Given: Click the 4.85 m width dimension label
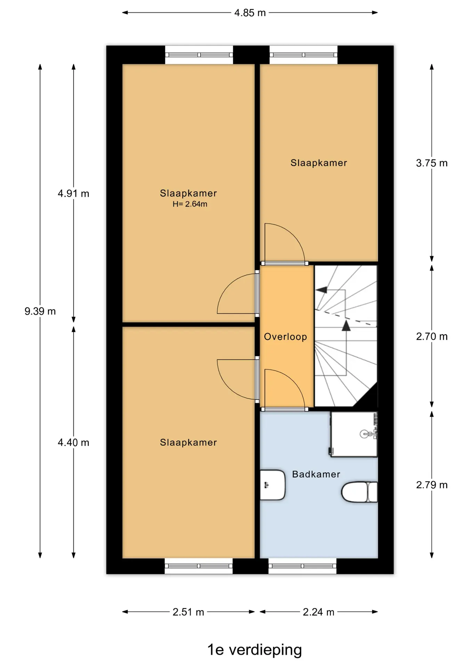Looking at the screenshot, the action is tap(250, 13).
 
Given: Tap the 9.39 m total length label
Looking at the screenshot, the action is tap(40, 311).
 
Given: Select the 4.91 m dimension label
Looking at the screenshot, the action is tap(73, 193).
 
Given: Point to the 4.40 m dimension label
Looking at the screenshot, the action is tap(73, 443).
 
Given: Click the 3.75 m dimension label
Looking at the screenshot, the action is tap(432, 163).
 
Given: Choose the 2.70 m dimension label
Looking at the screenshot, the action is tap(432, 337).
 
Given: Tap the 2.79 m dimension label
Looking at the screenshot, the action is tap(432, 485).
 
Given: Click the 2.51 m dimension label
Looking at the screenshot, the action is tap(188, 612).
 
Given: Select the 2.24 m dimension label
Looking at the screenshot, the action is tap(318, 612).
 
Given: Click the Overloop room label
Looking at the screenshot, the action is tap(285, 337).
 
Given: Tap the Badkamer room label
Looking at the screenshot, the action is tap(316, 474).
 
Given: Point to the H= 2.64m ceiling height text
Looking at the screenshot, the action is tap(190, 204).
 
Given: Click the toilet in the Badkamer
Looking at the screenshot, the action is tap(359, 492).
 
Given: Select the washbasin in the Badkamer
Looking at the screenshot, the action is tap(272, 485).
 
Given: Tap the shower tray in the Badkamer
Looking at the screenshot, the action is tap(354, 434).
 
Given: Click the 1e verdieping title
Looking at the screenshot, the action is tap(254, 650).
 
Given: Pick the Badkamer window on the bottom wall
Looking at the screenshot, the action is tap(302, 566).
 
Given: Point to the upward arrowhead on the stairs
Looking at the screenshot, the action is tap(346, 326).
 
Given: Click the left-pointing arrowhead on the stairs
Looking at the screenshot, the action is tap(321, 290).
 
